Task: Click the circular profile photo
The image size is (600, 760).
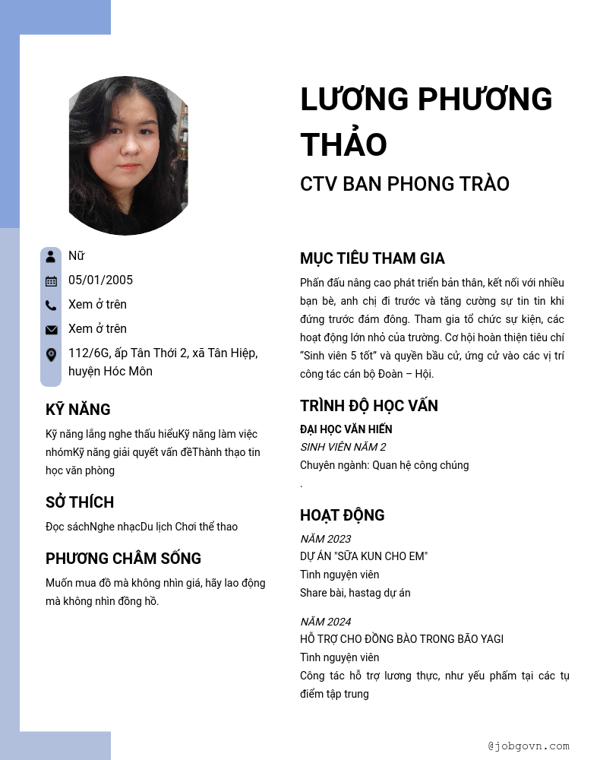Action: [128, 155]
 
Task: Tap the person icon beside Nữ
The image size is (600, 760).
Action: [51, 256]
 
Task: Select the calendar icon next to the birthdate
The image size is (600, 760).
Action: [51, 280]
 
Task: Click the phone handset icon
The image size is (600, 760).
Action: [51, 305]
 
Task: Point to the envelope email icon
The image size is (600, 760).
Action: [51, 329]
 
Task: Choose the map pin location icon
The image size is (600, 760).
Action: [51, 354]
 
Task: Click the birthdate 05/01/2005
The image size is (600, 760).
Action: [100, 280]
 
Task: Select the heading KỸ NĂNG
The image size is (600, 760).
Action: [78, 410]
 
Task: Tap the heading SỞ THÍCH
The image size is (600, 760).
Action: [80, 502]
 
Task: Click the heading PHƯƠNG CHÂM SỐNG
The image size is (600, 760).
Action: [123, 559]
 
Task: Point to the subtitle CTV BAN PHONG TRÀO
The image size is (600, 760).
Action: [404, 184]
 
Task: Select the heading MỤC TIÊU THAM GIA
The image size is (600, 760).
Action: [372, 258]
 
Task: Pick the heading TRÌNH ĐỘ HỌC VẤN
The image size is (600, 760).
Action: [368, 406]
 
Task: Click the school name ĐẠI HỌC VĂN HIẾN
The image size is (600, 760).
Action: [346, 429]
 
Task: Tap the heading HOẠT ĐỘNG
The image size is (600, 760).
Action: [342, 515]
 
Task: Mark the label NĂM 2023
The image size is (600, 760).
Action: [325, 539]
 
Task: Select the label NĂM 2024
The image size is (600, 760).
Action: [325, 622]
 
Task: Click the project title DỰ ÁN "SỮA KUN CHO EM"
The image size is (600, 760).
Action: [364, 556]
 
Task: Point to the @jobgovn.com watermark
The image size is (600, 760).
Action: [529, 746]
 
